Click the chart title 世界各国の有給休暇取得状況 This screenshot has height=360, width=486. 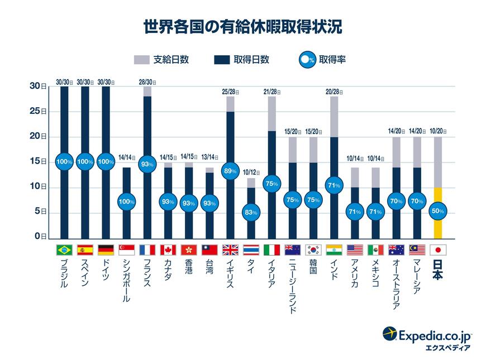243,27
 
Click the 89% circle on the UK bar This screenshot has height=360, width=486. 230,172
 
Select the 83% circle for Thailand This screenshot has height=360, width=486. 251,212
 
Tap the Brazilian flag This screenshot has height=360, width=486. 64,250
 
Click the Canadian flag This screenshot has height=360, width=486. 168,250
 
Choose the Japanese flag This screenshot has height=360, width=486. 438,250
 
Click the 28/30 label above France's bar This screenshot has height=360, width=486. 147,82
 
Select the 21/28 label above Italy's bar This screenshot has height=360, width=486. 271,92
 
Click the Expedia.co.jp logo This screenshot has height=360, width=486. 427,338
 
